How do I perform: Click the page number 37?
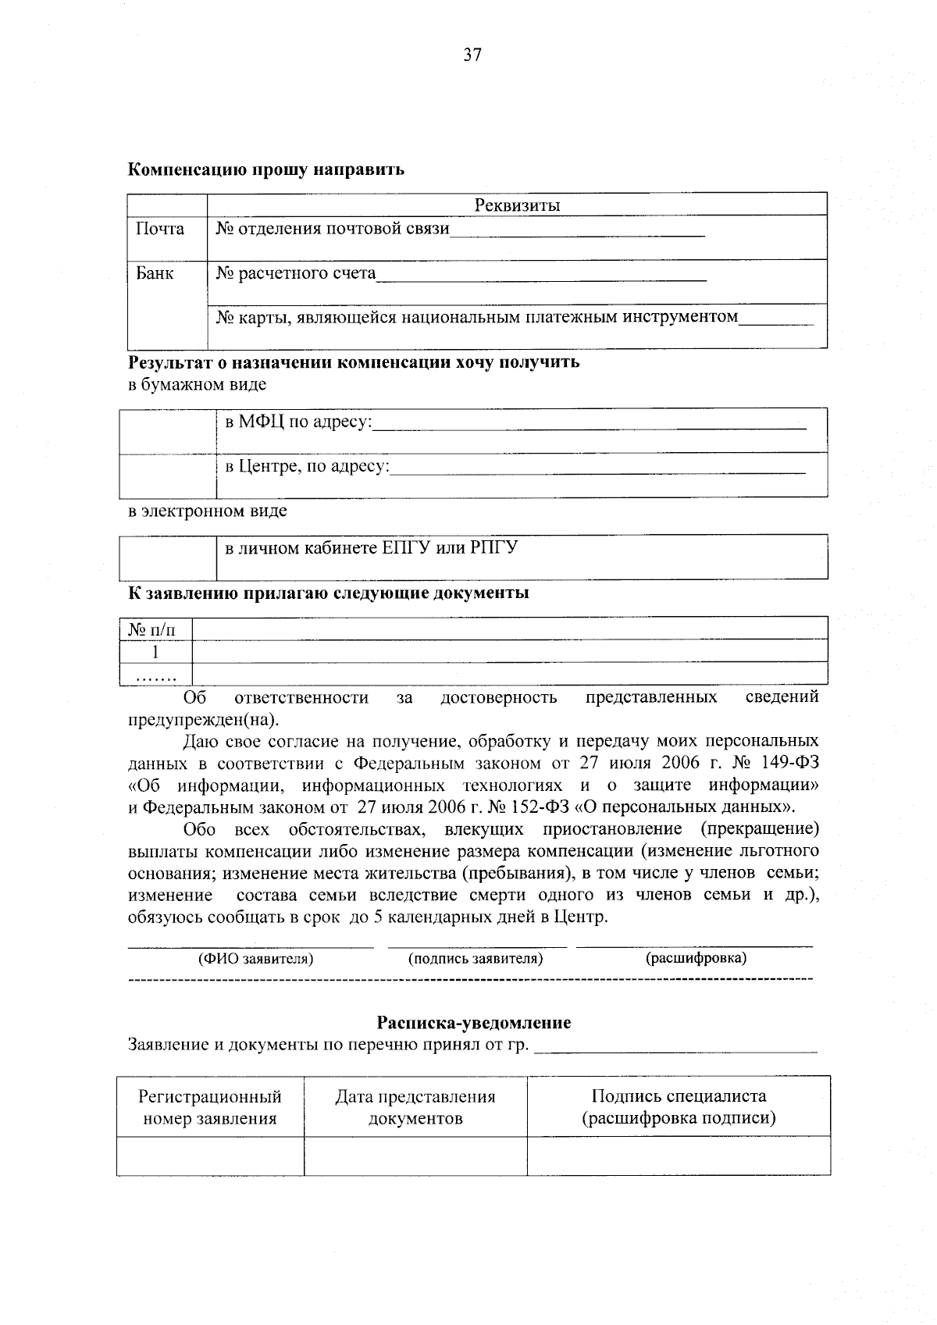[x=472, y=55]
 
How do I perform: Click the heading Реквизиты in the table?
[x=517, y=205]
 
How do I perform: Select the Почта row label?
[x=160, y=229]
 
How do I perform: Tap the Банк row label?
[x=155, y=273]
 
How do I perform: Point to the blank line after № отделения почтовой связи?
[x=577, y=232]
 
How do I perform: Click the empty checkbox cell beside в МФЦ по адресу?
[x=167, y=430]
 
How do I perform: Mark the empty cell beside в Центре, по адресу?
[x=167, y=476]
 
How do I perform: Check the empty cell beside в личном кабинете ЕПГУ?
[x=167, y=557]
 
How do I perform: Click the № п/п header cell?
[x=155, y=629]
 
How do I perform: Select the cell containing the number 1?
[x=155, y=651]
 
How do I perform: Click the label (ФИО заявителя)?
[x=255, y=958]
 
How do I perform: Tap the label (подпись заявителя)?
[x=475, y=958]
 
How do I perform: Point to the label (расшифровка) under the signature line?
[x=695, y=958]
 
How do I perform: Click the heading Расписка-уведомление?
[x=473, y=1023]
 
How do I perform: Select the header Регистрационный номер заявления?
[x=210, y=1107]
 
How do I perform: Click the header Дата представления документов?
[x=415, y=1107]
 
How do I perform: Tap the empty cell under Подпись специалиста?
[x=678, y=1156]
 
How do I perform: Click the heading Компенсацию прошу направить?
[x=266, y=169]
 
